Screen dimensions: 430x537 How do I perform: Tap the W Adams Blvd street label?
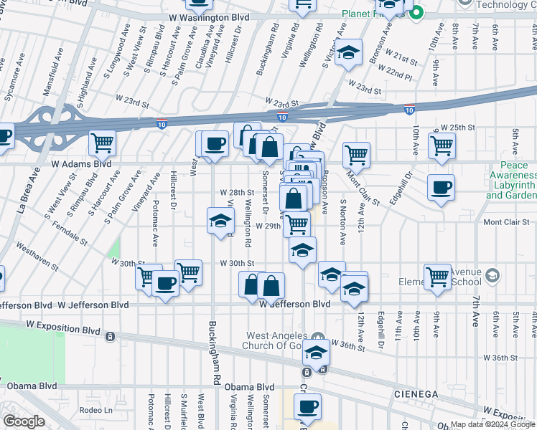[81, 163]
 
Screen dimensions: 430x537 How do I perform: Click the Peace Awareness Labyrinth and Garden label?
[513, 180]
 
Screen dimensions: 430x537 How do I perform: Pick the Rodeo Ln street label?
[97, 410]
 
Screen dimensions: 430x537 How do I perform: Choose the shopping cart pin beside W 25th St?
[442, 145]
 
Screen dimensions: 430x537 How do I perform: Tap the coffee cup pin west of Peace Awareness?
[442, 188]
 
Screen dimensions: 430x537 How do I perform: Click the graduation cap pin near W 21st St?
[348, 52]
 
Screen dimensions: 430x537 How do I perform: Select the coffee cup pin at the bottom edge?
[308, 406]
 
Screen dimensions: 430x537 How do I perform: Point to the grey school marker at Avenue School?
[492, 274]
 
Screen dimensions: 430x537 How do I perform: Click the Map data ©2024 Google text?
[492, 424]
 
